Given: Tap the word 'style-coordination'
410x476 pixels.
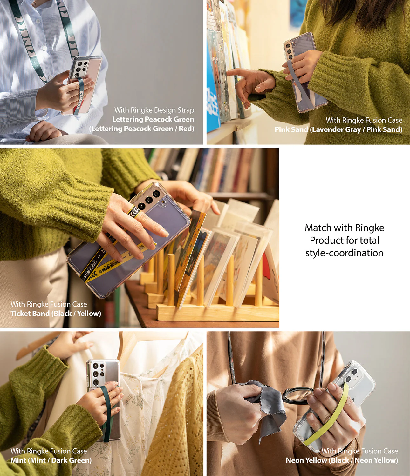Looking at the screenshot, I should point(344,253).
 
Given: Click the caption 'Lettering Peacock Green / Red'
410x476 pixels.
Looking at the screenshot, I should point(142,129).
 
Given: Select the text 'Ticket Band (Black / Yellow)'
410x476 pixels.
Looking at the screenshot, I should point(56,314).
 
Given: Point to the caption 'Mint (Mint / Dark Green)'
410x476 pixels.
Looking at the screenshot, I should point(51,460).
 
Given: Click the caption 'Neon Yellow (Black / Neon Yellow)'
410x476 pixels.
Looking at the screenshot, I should point(342,460).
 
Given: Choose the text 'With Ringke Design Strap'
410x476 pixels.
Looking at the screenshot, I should point(154,110).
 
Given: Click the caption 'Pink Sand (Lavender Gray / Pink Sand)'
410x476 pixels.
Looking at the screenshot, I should point(338,129).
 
